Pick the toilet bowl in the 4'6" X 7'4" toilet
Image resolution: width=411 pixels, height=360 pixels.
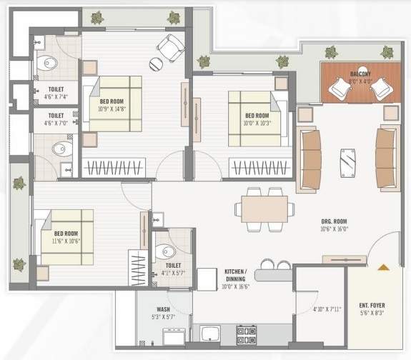(46, 61)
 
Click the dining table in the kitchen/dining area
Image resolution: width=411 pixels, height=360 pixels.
(265, 209)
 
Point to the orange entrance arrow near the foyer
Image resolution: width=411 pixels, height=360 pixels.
(383, 267)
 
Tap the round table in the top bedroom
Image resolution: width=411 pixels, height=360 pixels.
(156, 64)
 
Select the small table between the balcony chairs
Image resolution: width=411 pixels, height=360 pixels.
(357, 89)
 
